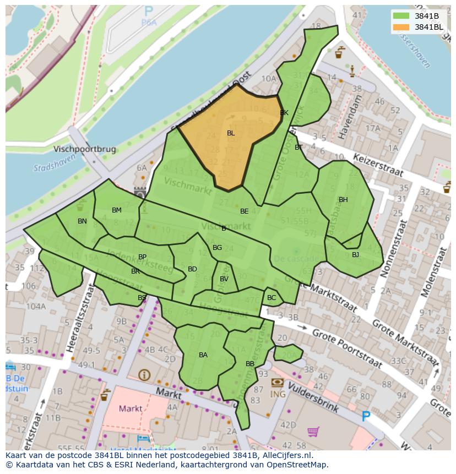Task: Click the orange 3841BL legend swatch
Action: tap(401, 26)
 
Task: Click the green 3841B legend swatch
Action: tap(401, 15)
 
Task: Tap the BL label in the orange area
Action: tap(231, 133)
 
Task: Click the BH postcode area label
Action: tap(343, 200)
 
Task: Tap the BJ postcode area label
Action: tap(355, 254)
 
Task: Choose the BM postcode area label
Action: tap(117, 210)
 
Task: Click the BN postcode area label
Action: tap(82, 221)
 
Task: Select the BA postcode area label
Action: tap(203, 355)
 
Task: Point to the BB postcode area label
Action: tap(250, 364)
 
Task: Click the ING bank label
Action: tap(278, 394)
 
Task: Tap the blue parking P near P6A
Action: tap(148, 10)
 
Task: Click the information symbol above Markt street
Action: tap(145, 375)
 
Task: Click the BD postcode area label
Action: tap(192, 269)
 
